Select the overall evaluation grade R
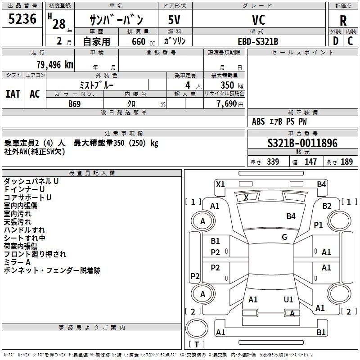(343, 21)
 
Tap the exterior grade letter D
(336, 41)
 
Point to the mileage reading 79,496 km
(54, 64)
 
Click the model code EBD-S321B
(258, 41)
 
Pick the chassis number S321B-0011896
(302, 144)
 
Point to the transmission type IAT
(13, 94)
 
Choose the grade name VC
(258, 20)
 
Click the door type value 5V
(175, 20)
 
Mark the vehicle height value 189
(346, 162)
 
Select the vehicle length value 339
(273, 162)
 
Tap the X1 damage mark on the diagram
(220, 184)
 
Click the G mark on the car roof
(284, 237)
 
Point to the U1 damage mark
(288, 300)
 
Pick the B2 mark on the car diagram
(327, 206)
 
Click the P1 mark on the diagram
(319, 225)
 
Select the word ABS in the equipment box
(258, 121)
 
